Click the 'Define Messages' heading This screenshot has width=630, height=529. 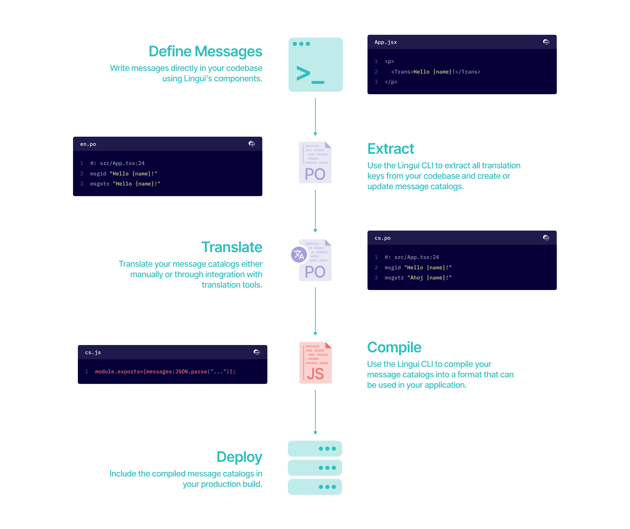(205, 51)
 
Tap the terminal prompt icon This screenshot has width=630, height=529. (315, 65)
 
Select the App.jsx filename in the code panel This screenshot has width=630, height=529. (386, 42)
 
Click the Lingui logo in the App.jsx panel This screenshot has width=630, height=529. (546, 42)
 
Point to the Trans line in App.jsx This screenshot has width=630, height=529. (436, 72)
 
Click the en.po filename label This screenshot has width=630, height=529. (88, 144)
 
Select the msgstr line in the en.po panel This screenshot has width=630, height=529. (125, 184)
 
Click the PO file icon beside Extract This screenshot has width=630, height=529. (315, 162)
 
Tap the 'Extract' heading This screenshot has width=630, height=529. (390, 149)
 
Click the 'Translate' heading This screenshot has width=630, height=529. (232, 247)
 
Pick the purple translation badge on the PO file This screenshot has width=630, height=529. (299, 255)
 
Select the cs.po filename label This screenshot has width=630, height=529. (382, 238)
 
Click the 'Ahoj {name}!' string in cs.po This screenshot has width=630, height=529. (429, 278)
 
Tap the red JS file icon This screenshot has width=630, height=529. (315, 363)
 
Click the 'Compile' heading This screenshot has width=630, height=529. (394, 347)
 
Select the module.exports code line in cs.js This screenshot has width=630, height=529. (165, 371)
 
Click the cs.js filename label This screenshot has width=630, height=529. (93, 352)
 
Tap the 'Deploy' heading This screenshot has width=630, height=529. (239, 457)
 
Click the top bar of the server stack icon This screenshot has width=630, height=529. (315, 449)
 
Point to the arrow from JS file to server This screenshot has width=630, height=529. (315, 412)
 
